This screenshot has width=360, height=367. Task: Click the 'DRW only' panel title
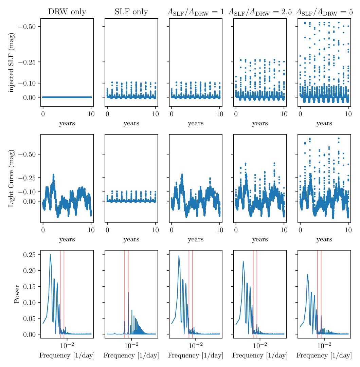pyautogui.click(x=67, y=12)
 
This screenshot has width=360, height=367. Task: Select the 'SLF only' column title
pyautogui.click(x=131, y=12)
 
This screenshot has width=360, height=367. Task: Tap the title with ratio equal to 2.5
pyautogui.click(x=260, y=12)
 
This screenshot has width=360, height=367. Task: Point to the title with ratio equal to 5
pyautogui.click(x=324, y=12)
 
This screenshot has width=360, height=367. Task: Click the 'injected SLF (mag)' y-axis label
pyautogui.click(x=12, y=62)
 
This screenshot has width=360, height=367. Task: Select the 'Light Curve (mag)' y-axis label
pyautogui.click(x=12, y=178)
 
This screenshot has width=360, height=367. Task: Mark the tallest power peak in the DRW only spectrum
pyautogui.click(x=50, y=254)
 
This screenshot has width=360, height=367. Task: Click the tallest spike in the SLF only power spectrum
pyautogui.click(x=128, y=292)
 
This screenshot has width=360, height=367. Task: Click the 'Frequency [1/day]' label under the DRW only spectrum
pyautogui.click(x=67, y=355)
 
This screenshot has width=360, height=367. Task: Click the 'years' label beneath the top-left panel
pyautogui.click(x=67, y=124)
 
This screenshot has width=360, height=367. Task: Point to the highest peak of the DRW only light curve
pyautogui.click(x=53, y=175)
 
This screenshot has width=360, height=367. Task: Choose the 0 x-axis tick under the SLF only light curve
pyautogui.click(x=107, y=230)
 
